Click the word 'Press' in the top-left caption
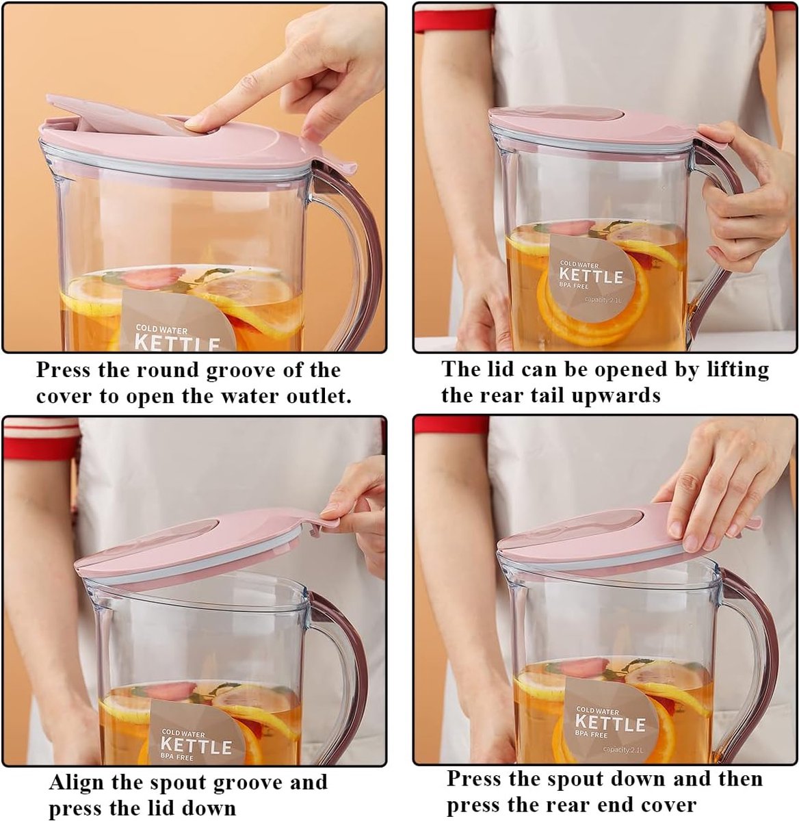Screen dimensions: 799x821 64,370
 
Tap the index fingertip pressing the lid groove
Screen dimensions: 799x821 195,123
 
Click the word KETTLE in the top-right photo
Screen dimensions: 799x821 590,276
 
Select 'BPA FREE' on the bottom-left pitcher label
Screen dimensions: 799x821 176,757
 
